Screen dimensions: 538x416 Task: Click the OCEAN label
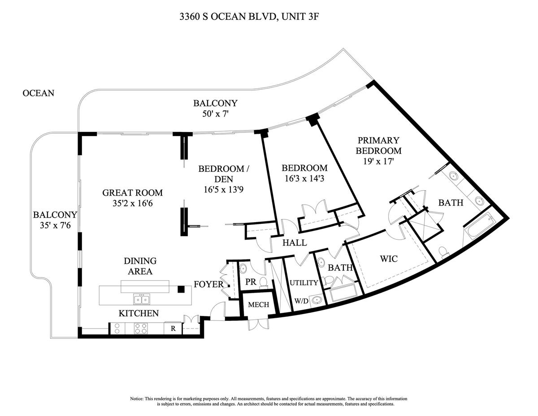click(x=39, y=93)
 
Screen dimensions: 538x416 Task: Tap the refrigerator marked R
click(x=173, y=328)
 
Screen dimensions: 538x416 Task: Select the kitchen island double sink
click(x=141, y=299)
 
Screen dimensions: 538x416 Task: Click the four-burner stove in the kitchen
click(x=141, y=328)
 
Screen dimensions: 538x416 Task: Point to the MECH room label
click(x=259, y=305)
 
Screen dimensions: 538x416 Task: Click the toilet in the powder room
click(x=264, y=283)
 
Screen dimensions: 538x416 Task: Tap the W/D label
click(x=301, y=301)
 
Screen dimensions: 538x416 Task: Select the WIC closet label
click(x=389, y=259)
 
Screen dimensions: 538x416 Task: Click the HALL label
click(x=295, y=243)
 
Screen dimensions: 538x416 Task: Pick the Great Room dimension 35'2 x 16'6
click(x=132, y=203)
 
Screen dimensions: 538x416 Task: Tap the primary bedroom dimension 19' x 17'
click(x=378, y=162)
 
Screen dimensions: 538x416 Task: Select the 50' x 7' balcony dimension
click(x=215, y=114)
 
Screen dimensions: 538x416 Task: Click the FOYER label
click(x=208, y=284)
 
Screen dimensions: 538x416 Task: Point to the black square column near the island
click(x=182, y=289)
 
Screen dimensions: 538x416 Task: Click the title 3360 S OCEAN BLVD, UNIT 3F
click(x=249, y=17)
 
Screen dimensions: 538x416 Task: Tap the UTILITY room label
click(x=304, y=283)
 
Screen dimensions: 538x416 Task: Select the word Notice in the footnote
click(x=137, y=399)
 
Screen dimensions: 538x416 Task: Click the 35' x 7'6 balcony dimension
click(x=55, y=225)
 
